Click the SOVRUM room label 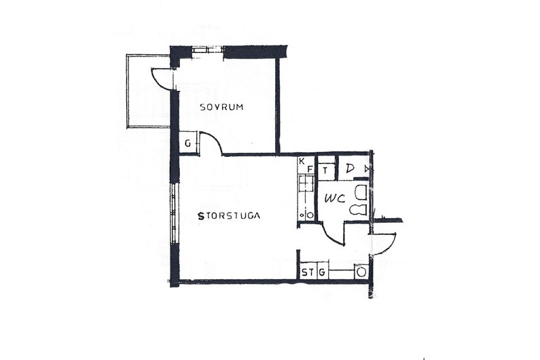[222, 107]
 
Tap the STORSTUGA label [229, 216]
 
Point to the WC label [335, 198]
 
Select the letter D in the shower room [350, 168]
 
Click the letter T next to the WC [325, 170]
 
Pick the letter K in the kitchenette [302, 161]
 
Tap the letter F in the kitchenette [310, 169]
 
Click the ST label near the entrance [308, 272]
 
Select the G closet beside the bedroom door [187, 143]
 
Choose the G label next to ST [322, 272]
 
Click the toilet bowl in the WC [358, 210]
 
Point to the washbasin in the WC [361, 193]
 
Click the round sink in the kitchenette [310, 215]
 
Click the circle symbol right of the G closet [361, 272]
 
